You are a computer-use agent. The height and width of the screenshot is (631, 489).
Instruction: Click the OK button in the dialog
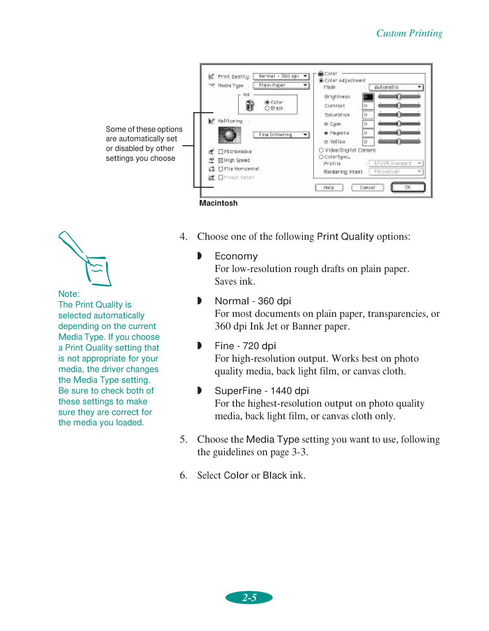(x=408, y=187)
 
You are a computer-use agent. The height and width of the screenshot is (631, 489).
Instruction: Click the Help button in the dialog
(x=329, y=187)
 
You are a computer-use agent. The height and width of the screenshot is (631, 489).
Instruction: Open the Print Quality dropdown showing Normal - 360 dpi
(x=281, y=76)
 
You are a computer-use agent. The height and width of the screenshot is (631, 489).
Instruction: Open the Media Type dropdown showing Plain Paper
(x=281, y=86)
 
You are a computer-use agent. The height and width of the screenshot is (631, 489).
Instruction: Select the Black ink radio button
(x=267, y=108)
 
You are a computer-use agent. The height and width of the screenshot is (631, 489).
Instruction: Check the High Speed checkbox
(x=221, y=160)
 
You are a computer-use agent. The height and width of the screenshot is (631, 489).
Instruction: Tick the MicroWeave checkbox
(x=221, y=152)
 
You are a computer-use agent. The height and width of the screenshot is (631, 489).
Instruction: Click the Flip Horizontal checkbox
(x=221, y=169)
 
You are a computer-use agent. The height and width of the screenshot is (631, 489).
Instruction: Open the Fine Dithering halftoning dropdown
(x=281, y=135)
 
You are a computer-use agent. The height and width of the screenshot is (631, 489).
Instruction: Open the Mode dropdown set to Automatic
(x=396, y=87)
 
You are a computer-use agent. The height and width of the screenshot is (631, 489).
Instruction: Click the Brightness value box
(x=368, y=97)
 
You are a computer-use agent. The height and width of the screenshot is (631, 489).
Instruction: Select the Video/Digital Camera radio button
(x=321, y=151)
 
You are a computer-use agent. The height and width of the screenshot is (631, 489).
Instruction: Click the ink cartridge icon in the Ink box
(x=250, y=105)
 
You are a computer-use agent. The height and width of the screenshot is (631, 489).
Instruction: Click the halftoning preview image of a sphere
(x=229, y=135)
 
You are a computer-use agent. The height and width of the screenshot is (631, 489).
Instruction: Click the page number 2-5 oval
(x=249, y=597)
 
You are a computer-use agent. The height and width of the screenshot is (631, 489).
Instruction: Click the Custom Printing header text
(x=409, y=33)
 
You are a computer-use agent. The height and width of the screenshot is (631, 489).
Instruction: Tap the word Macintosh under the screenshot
(x=218, y=203)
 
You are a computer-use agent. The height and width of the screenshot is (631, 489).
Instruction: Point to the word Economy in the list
(x=236, y=256)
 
